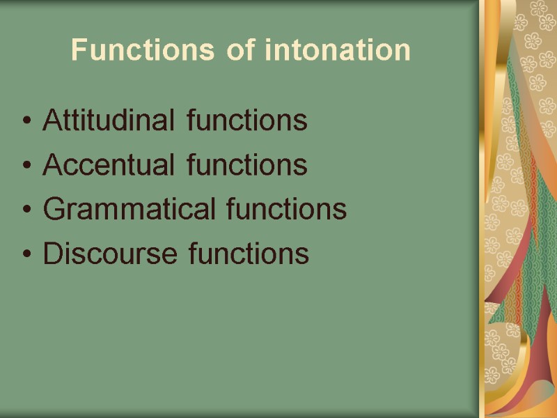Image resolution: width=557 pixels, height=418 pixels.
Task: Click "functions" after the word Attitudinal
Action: point(247,121)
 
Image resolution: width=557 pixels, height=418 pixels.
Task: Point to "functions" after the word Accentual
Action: point(247,165)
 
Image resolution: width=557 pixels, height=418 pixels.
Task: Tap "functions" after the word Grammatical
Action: point(287,209)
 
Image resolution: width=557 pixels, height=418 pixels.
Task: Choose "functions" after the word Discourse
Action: point(248,254)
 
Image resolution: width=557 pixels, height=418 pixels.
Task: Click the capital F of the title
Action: point(78,50)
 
